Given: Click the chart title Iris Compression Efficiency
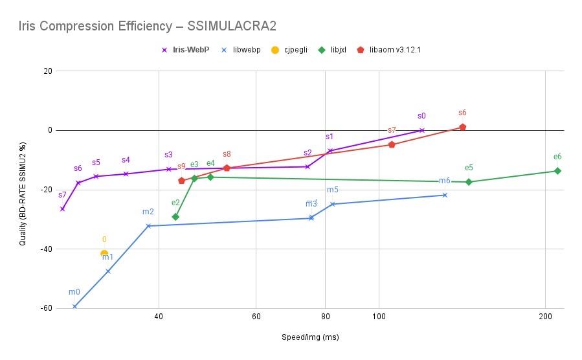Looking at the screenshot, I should (x=142, y=26).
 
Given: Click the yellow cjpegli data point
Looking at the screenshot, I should (x=104, y=253).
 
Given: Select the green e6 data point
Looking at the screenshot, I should (x=557, y=171).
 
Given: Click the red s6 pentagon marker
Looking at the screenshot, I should (x=462, y=127).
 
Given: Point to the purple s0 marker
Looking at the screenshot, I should (x=422, y=130).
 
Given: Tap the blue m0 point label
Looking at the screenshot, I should (x=74, y=292).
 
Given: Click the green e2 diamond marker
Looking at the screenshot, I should (x=175, y=217).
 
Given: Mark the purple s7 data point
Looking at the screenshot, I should (x=62, y=208).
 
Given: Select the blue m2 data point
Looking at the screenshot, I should (x=148, y=226).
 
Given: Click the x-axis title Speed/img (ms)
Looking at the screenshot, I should (x=309, y=337).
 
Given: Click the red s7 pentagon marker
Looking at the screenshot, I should (x=392, y=144).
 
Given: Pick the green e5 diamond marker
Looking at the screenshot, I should (x=469, y=182).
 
